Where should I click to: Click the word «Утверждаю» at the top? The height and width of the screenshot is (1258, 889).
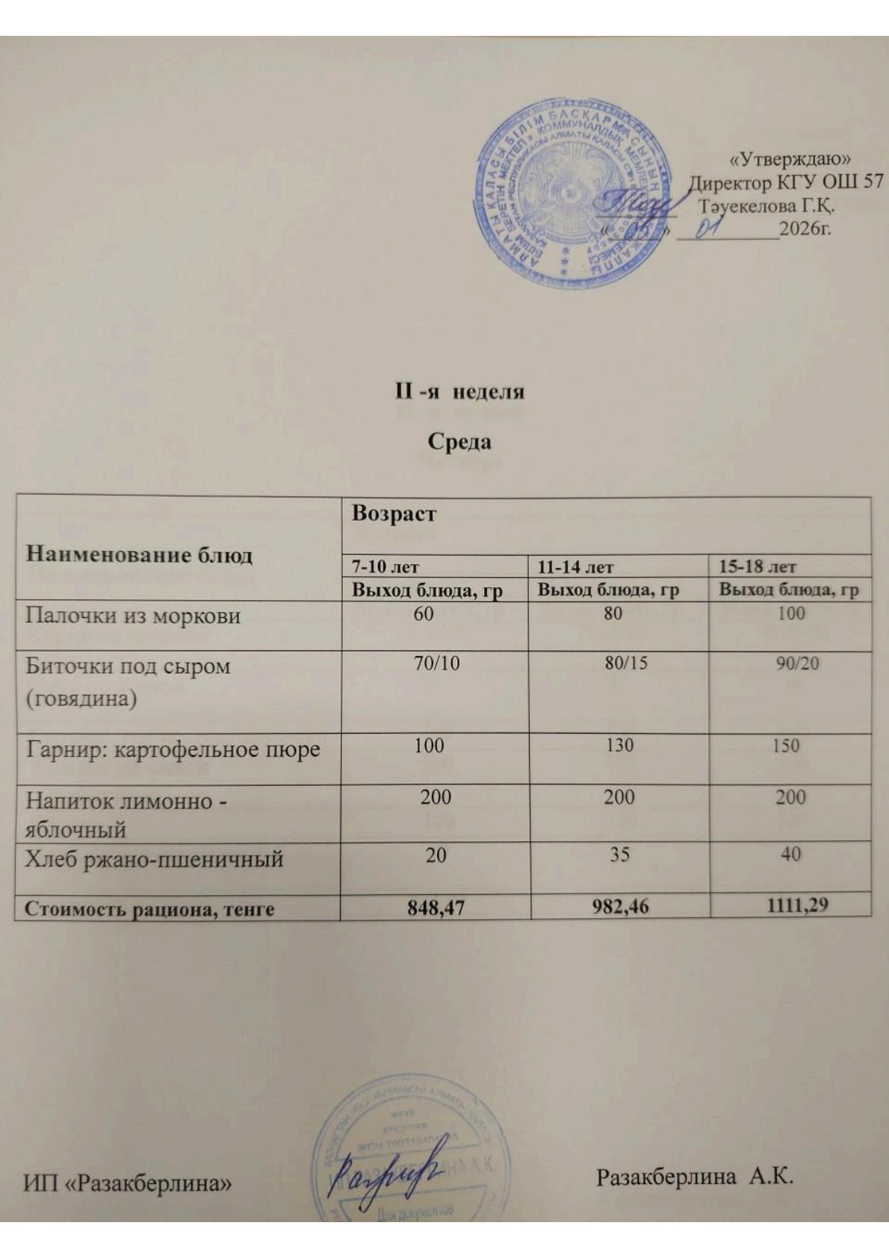click(791, 159)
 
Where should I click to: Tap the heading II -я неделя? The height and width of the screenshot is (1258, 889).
click(459, 391)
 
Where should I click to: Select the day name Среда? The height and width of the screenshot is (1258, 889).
click(459, 441)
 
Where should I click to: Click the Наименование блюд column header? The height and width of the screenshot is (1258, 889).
click(139, 555)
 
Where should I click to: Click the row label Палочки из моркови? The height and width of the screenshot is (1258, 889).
click(133, 616)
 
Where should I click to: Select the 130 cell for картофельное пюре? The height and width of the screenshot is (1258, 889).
click(620, 746)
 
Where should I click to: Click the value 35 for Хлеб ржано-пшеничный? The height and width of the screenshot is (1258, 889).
click(619, 854)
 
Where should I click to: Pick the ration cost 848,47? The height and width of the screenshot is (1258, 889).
click(435, 908)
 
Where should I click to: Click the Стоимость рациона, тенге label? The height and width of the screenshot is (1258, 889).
click(149, 909)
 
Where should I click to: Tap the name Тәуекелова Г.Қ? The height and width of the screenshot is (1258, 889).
click(766, 205)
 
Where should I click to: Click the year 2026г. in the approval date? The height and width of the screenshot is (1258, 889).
click(805, 228)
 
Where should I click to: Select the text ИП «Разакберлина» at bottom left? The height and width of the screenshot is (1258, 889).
click(127, 1183)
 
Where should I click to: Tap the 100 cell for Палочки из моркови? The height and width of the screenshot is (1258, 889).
click(790, 613)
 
